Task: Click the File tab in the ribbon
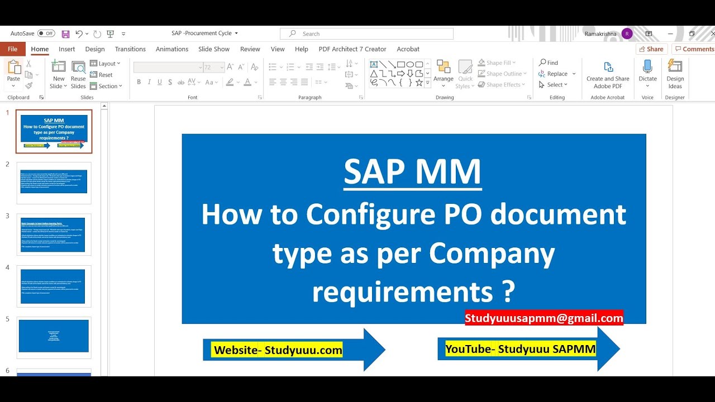12,49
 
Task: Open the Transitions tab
130,49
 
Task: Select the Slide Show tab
213,49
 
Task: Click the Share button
651,49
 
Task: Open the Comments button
694,49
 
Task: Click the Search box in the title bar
366,33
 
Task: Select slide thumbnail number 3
54,234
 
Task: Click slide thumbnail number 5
54,336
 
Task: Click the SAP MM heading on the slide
412,171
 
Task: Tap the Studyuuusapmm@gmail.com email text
544,318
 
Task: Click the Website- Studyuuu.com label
278,350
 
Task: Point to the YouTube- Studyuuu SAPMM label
520,350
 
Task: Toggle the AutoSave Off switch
46,33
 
